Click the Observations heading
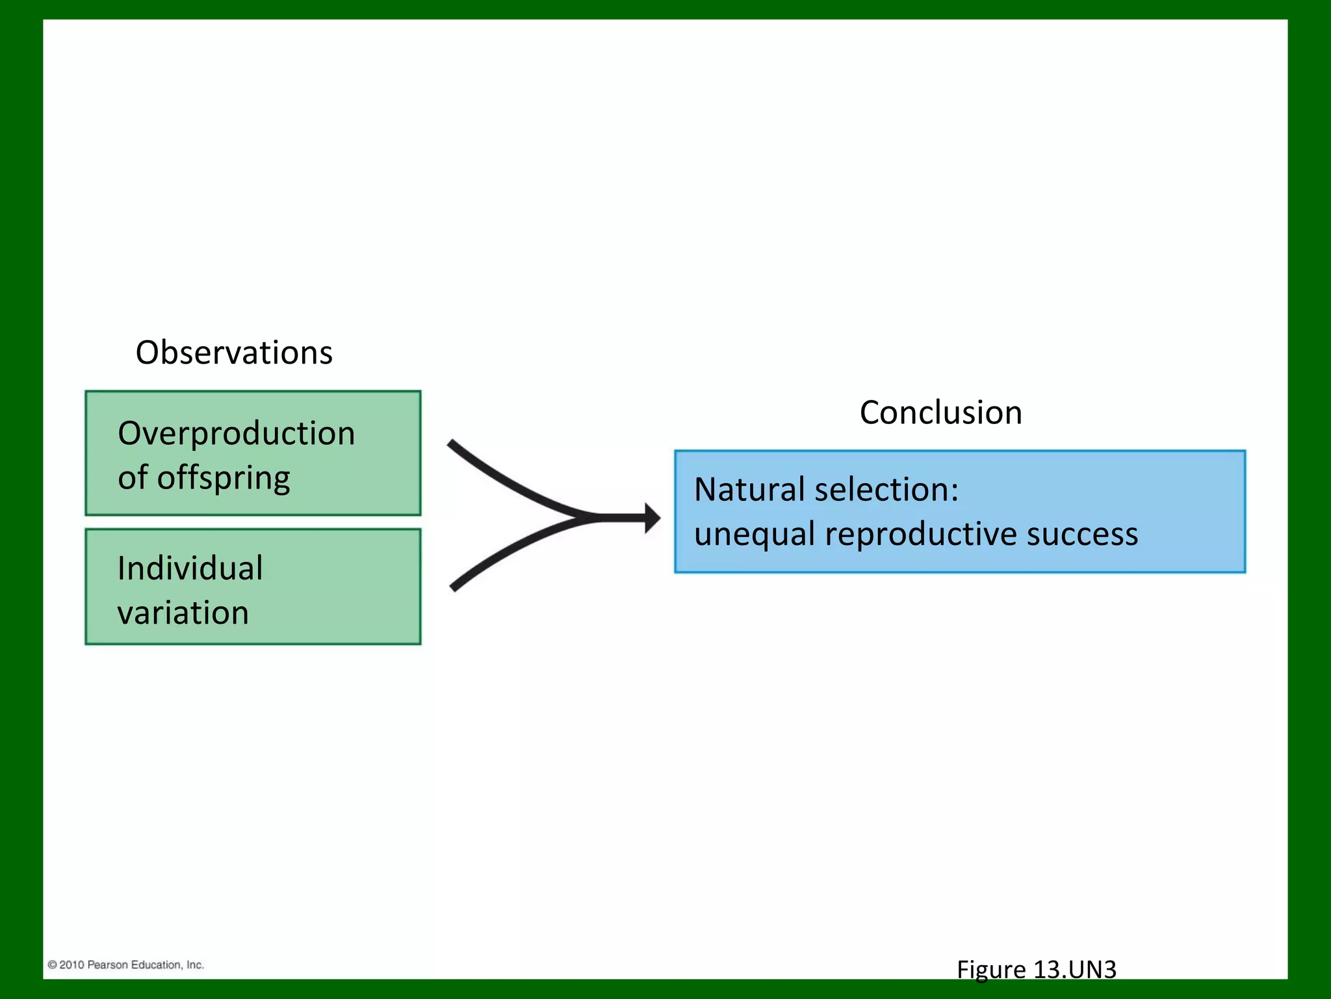click(234, 353)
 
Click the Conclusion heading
click(940, 412)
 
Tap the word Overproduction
click(236, 433)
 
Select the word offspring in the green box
click(224, 479)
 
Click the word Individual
click(190, 568)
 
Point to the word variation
click(183, 613)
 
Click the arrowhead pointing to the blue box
click(652, 518)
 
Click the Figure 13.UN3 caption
click(1036, 970)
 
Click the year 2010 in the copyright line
click(71, 965)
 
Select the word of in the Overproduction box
click(133, 477)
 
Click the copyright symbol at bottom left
click(52, 965)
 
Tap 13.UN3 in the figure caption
click(1074, 970)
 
